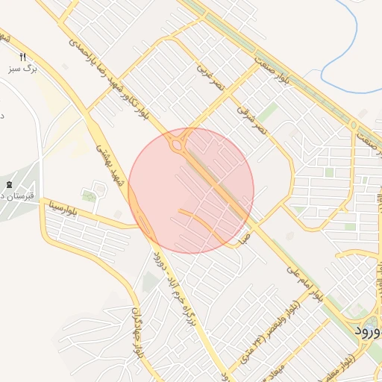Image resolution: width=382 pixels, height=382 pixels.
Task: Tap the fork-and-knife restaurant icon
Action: point(23,57)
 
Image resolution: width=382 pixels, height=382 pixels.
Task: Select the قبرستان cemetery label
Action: point(14,196)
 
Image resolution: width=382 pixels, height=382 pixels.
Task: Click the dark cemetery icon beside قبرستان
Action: point(9,184)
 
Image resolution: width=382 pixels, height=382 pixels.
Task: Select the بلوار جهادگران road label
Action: point(137,337)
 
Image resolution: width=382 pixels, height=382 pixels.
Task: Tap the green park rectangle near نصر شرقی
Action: point(269,113)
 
